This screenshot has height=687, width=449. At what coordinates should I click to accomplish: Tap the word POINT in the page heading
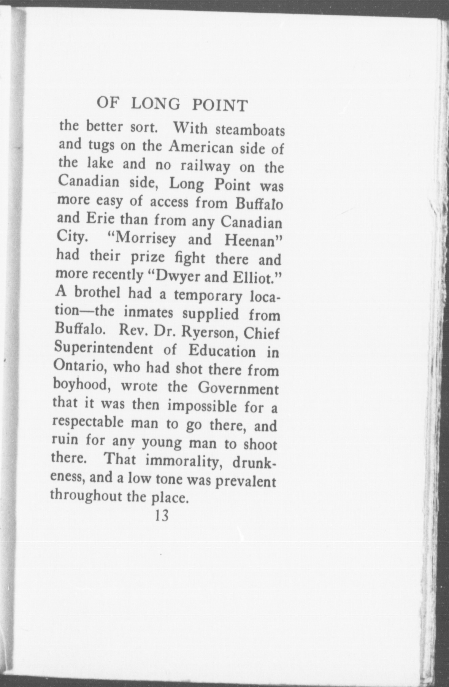tap(220, 105)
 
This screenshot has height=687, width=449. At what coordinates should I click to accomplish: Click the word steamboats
tap(250, 131)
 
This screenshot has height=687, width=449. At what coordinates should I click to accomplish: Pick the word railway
tap(206, 166)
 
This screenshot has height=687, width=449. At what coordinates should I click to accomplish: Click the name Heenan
tap(252, 241)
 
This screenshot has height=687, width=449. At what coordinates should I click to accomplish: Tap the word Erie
tap(101, 219)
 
